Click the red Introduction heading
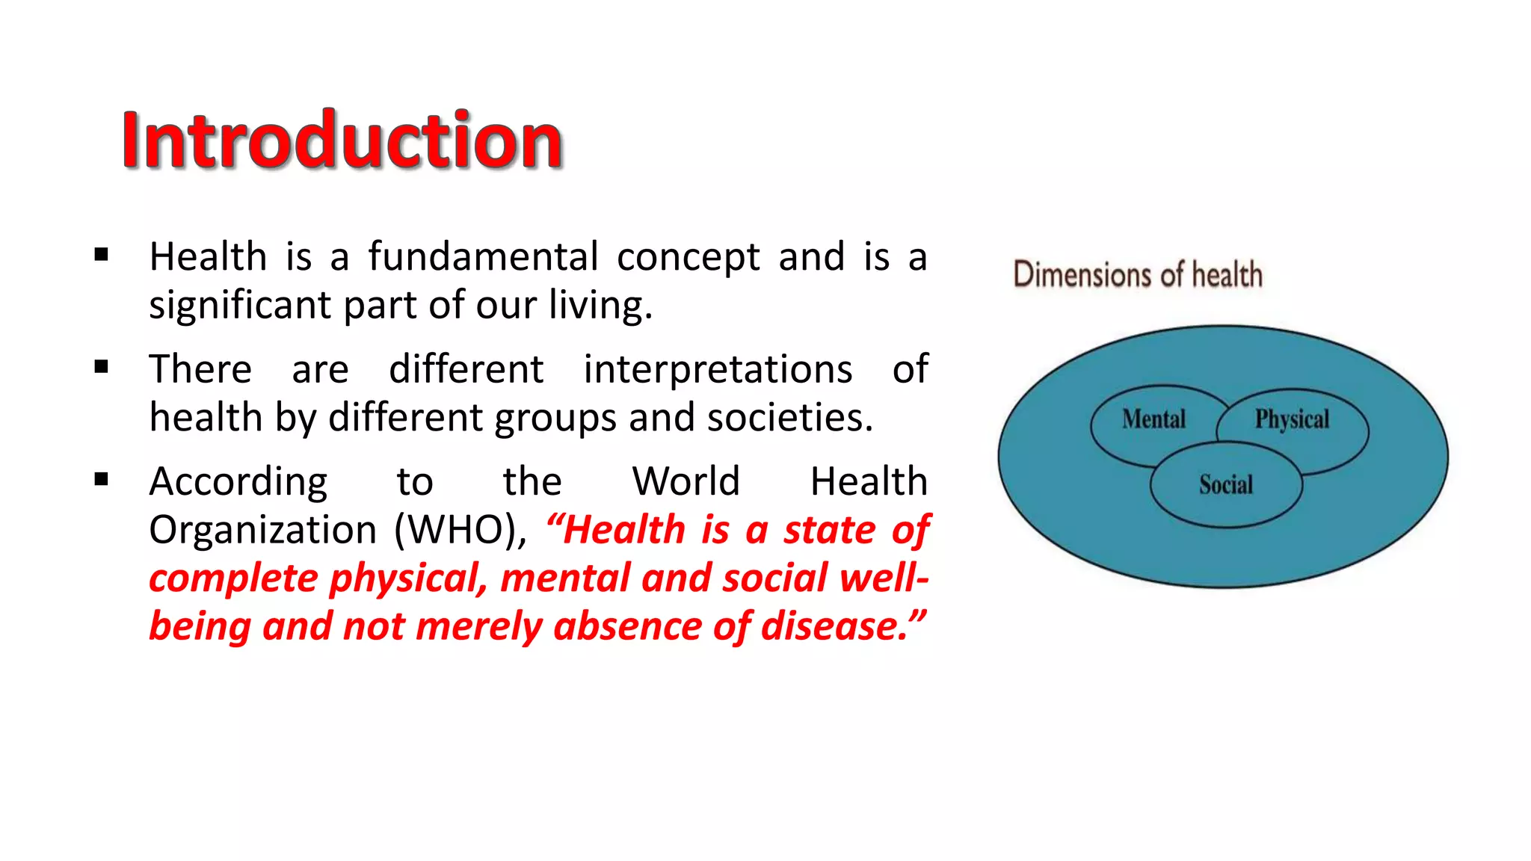[x=342, y=140]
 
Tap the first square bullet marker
[x=102, y=256]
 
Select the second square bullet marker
[x=102, y=367]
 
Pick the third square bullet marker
[x=102, y=479]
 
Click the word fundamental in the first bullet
[x=483, y=256]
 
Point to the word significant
[x=240, y=306]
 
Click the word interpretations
[x=718, y=369]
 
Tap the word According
[x=238, y=482]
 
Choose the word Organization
[x=262, y=530]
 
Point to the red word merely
[x=478, y=626]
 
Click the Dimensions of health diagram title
[x=1138, y=274]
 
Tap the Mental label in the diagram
[x=1153, y=419]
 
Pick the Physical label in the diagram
[x=1292, y=419]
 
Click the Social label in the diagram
[x=1226, y=484]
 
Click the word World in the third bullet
[x=686, y=481]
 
